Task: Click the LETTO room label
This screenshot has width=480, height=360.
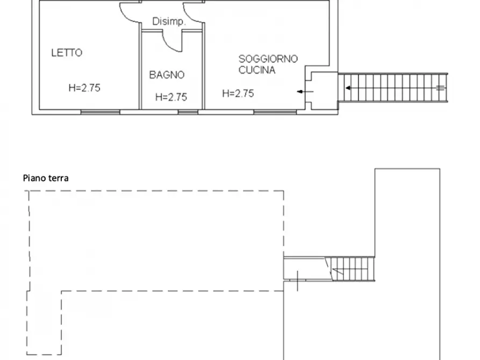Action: [67, 53]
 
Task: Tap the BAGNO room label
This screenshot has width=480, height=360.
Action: [167, 75]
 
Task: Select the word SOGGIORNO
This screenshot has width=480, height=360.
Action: [268, 59]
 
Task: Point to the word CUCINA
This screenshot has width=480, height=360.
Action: [257, 70]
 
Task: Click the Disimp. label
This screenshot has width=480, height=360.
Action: [169, 22]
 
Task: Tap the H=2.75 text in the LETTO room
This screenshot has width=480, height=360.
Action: [84, 88]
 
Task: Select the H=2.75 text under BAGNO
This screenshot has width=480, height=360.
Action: [171, 97]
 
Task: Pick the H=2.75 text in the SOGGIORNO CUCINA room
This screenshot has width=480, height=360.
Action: [238, 93]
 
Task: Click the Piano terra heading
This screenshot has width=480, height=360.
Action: [46, 178]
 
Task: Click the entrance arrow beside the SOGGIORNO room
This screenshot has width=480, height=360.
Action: [305, 92]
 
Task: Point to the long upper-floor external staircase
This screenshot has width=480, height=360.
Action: [392, 88]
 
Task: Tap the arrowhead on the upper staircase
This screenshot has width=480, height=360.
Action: [348, 88]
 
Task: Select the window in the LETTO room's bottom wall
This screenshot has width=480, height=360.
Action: [100, 112]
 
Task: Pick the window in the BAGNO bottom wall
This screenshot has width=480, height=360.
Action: [188, 112]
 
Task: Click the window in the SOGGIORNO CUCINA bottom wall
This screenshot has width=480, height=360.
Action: [275, 112]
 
